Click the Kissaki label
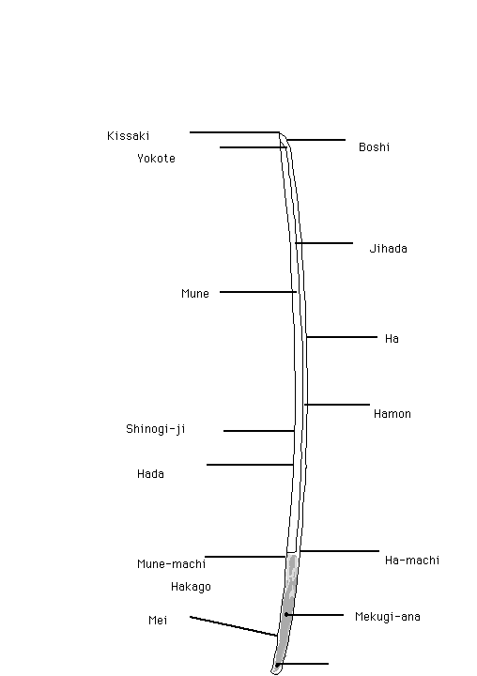(x=128, y=136)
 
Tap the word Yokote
(x=156, y=159)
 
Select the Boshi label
(x=375, y=147)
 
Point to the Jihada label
(x=388, y=248)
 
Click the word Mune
(x=195, y=294)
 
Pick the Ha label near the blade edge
(x=392, y=339)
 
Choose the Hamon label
(x=392, y=414)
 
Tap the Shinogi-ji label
(x=156, y=429)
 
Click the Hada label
(x=150, y=474)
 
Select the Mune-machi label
(x=171, y=564)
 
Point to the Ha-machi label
(x=412, y=560)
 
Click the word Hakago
(x=191, y=587)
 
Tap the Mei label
(x=158, y=620)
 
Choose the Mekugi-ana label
(x=387, y=617)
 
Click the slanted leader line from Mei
(x=233, y=626)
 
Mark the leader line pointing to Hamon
(x=337, y=405)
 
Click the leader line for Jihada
(x=324, y=243)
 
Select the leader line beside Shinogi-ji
(x=259, y=431)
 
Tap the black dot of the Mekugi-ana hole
(x=286, y=615)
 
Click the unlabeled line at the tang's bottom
(x=302, y=664)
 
